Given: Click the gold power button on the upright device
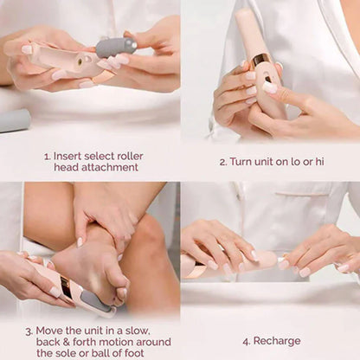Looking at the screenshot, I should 259,61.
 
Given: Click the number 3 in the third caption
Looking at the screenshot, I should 29,330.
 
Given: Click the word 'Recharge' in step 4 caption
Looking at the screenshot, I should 277,341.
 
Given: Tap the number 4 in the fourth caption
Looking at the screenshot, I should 247,341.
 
